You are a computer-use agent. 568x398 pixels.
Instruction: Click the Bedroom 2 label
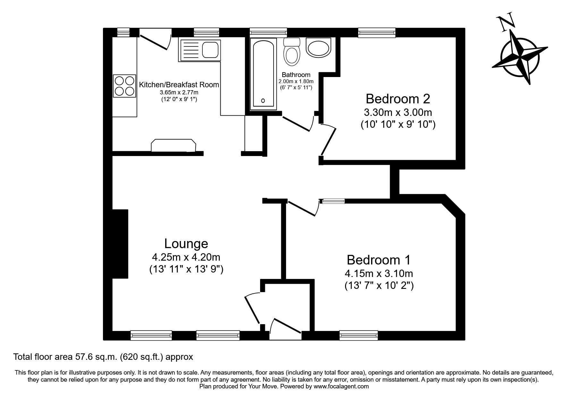tap(398, 99)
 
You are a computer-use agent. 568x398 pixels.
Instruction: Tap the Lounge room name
tap(186, 244)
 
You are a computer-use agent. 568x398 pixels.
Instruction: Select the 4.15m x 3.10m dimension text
tap(379, 274)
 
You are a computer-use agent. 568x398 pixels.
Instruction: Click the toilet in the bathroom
tap(292, 52)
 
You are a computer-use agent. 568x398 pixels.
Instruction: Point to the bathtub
tap(263, 73)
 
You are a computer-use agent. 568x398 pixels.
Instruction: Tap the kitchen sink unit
tap(200, 50)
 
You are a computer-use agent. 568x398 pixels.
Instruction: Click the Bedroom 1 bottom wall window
tap(359, 336)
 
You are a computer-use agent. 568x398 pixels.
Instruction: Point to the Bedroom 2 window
tap(377, 32)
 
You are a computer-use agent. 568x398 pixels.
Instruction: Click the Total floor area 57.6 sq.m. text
tap(103, 357)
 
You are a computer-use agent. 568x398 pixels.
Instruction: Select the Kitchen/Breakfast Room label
tap(179, 85)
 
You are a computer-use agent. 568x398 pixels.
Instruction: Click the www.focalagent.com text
tap(341, 386)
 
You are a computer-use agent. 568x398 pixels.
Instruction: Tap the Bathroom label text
tap(296, 75)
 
